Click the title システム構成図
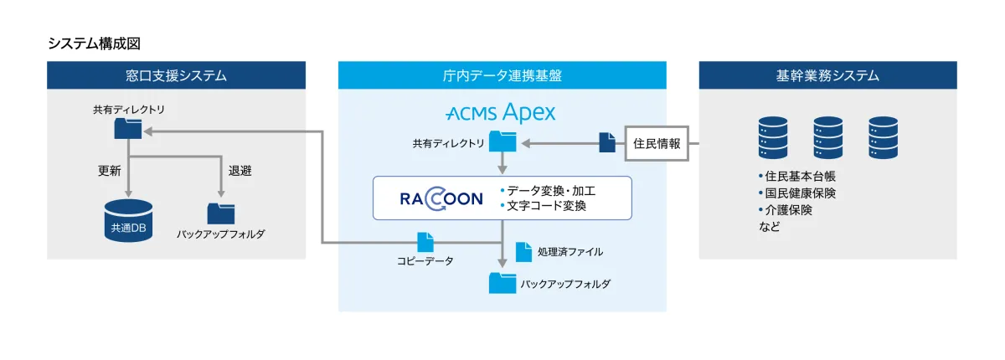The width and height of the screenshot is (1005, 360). pyautogui.click(x=100, y=44)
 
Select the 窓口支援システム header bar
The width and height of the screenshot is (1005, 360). pyautogui.click(x=176, y=75)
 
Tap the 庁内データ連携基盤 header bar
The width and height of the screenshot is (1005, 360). pyautogui.click(x=502, y=75)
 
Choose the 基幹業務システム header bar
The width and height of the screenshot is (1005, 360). pyautogui.click(x=827, y=75)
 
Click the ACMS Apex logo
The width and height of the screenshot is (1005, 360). pyautogui.click(x=501, y=113)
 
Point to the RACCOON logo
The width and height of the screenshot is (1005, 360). pyautogui.click(x=441, y=198)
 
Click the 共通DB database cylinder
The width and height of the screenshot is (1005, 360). pyautogui.click(x=128, y=221)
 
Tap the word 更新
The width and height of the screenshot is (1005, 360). pyautogui.click(x=110, y=170)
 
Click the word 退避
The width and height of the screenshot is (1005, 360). pyautogui.click(x=240, y=170)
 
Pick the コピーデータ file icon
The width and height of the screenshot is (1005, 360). pyautogui.click(x=425, y=242)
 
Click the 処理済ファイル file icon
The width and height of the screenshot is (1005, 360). pyautogui.click(x=523, y=251)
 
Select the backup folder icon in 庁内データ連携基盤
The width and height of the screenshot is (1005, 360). pyautogui.click(x=502, y=283)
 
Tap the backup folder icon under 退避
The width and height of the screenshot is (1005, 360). pyautogui.click(x=221, y=213)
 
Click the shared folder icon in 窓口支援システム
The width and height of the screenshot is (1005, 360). pyautogui.click(x=128, y=127)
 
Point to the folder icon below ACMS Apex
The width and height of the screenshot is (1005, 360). pyautogui.click(x=502, y=140)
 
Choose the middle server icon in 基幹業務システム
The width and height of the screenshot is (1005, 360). pyautogui.click(x=827, y=138)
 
